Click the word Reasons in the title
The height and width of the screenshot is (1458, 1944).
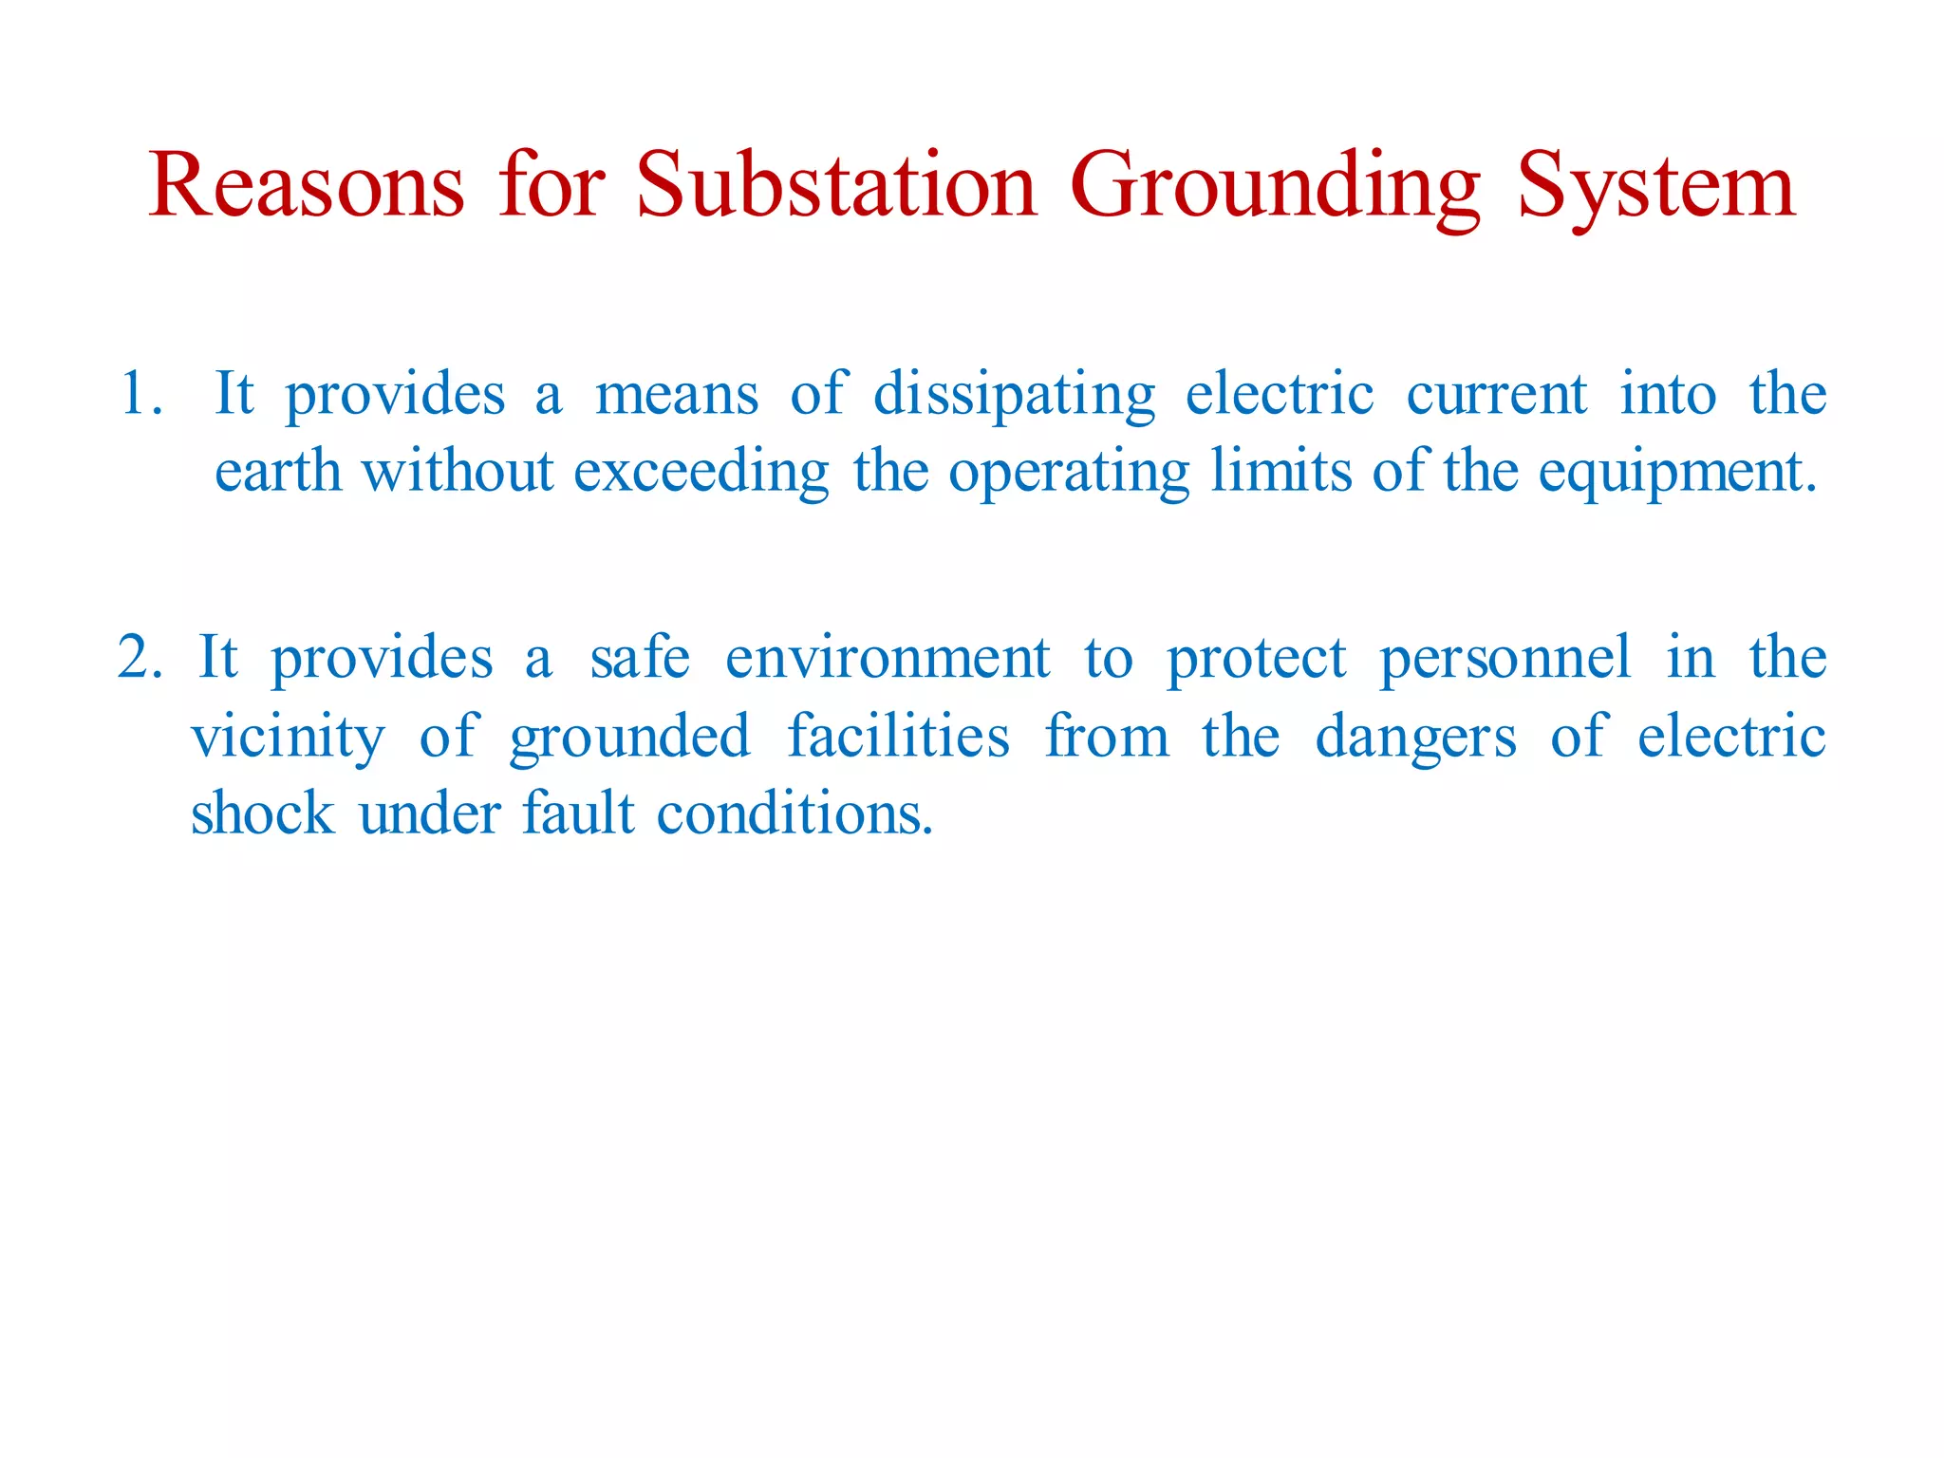(x=306, y=187)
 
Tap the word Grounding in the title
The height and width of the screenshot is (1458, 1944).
(x=1274, y=187)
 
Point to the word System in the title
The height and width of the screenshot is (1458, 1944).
(x=1655, y=187)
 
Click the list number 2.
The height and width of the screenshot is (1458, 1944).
(x=139, y=657)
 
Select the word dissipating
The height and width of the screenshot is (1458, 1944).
(x=1014, y=394)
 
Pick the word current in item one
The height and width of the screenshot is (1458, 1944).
(x=1496, y=394)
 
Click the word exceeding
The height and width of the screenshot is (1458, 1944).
(x=701, y=472)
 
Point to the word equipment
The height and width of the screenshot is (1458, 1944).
(x=1675, y=472)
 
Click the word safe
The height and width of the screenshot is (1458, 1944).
(x=640, y=657)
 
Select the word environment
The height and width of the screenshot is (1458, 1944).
(x=888, y=657)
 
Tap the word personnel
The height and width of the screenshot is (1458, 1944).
(x=1505, y=657)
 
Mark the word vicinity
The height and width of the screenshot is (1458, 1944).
(x=289, y=737)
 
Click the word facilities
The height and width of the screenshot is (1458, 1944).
(x=898, y=737)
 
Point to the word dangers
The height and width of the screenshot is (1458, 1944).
(x=1415, y=737)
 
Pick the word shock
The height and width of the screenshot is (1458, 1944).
(x=262, y=814)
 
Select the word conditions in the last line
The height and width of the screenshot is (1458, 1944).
(x=794, y=814)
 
